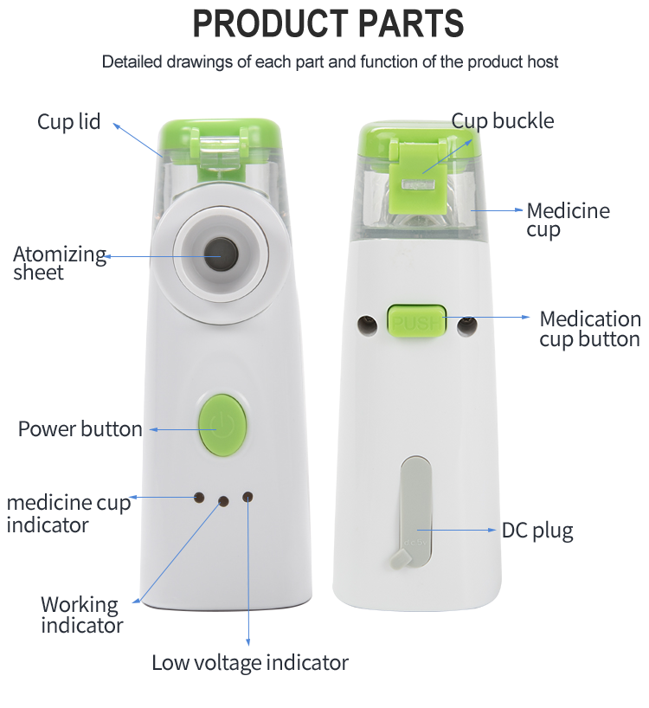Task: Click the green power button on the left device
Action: [222, 425]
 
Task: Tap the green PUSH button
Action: [416, 321]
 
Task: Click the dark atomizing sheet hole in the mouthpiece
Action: [221, 254]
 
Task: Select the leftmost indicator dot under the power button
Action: [198, 498]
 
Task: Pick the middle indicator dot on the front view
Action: [223, 501]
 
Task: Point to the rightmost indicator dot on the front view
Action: [247, 497]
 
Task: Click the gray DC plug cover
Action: [414, 512]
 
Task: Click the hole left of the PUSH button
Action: [368, 325]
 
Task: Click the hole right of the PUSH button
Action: [466, 326]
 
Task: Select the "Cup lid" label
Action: [68, 121]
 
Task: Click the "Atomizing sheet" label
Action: [59, 263]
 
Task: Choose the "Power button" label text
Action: [80, 429]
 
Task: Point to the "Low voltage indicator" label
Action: [250, 663]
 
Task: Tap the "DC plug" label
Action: [537, 531]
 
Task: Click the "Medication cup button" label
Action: [590, 329]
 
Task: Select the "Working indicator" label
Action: [81, 615]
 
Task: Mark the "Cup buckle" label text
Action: [502, 121]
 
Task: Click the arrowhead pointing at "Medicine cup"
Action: [519, 210]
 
